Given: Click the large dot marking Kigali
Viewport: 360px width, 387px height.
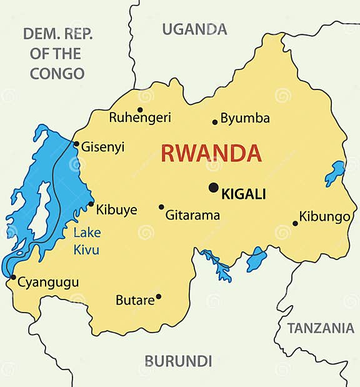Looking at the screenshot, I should click(x=214, y=187).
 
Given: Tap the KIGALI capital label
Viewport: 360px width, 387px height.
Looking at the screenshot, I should click(x=244, y=194).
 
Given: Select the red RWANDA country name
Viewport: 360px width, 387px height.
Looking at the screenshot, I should click(x=211, y=153).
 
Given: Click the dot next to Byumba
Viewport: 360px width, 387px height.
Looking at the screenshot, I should click(x=215, y=122).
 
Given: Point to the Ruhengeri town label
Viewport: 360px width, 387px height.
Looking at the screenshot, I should click(x=139, y=118).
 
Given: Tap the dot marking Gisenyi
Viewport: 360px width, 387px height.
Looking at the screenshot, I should click(x=76, y=144).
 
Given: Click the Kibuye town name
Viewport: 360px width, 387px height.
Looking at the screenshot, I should click(x=116, y=210).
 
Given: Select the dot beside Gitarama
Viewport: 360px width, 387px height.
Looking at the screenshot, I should click(x=161, y=207).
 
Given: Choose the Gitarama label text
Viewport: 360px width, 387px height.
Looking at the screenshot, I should click(x=192, y=216).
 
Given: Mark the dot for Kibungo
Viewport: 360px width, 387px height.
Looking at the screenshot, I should click(x=295, y=223).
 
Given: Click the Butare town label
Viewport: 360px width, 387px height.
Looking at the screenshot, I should click(x=135, y=301).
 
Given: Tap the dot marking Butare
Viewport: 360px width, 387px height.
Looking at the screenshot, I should click(x=159, y=296).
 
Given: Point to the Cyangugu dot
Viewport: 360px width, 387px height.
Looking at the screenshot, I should click(x=13, y=277).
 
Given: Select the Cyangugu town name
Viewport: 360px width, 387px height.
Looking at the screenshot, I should click(x=48, y=283).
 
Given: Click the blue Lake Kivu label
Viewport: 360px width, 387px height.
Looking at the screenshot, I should click(x=87, y=241).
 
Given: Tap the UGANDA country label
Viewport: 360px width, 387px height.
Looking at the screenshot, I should click(x=194, y=29).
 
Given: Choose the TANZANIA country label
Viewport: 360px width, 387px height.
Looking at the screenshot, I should click(x=321, y=328).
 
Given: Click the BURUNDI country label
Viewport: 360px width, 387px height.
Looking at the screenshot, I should click(x=178, y=361).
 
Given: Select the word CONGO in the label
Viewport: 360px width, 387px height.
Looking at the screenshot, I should click(x=57, y=73).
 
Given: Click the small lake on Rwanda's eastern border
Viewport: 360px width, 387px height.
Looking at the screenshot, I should click(x=335, y=173).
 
